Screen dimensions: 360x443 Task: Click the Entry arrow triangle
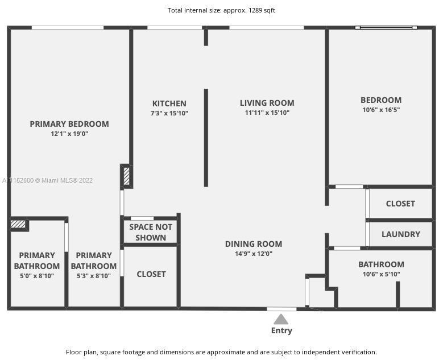click(281, 319)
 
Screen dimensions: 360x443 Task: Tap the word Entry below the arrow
click(281, 330)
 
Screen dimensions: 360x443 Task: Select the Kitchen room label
click(169, 104)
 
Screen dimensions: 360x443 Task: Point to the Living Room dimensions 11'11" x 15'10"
click(267, 113)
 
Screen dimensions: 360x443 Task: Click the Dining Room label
click(253, 244)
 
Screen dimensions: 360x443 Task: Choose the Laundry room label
click(400, 234)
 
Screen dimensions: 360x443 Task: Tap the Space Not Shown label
click(151, 232)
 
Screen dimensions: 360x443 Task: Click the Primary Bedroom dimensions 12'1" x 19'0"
click(69, 134)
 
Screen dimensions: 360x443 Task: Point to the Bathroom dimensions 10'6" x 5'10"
click(380, 274)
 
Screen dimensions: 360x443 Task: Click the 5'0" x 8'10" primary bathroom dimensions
click(36, 276)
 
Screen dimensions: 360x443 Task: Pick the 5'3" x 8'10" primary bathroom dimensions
click(93, 276)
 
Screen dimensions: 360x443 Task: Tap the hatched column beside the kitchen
click(126, 176)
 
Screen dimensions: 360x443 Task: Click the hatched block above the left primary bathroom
click(18, 224)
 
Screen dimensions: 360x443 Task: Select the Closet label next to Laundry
click(400, 204)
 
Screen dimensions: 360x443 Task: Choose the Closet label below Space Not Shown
click(151, 274)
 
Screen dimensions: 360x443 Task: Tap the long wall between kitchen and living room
click(206, 137)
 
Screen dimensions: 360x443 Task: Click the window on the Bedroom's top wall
click(386, 27)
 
